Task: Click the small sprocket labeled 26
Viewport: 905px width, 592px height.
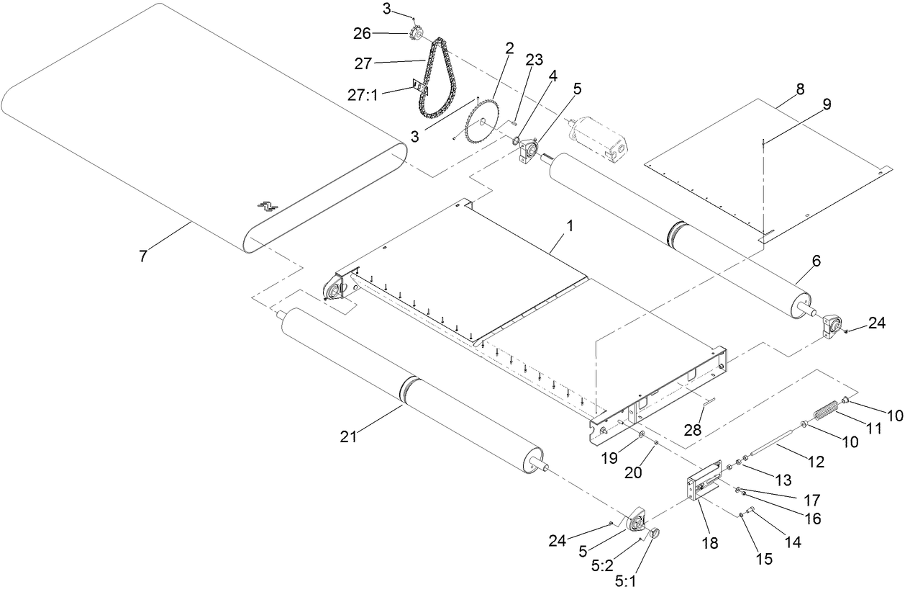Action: click(416, 33)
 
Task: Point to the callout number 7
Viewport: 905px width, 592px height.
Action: click(142, 256)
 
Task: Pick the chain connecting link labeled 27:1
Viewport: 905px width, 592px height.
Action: click(419, 87)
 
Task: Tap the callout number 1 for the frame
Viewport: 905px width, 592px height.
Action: click(570, 225)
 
